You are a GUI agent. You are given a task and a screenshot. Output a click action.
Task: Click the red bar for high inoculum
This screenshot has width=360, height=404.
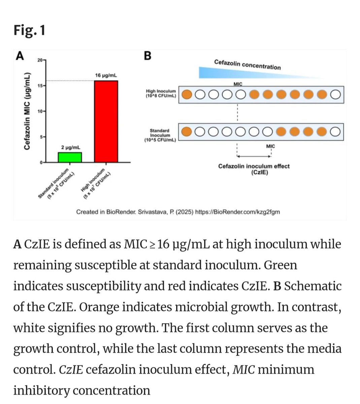click(x=106, y=121)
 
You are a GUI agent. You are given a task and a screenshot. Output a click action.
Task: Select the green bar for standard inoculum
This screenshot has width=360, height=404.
click(x=70, y=157)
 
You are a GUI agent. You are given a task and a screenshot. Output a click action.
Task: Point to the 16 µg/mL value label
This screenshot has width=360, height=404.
click(x=106, y=75)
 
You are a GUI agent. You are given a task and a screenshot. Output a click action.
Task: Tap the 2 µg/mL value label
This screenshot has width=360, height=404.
click(x=71, y=147)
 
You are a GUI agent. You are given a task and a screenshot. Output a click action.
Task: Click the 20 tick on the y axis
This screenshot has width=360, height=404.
click(x=40, y=60)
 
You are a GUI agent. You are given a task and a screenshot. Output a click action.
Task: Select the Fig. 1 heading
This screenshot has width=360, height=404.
click(x=29, y=30)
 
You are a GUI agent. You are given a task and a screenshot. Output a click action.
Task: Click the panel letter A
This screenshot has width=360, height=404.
click(x=20, y=56)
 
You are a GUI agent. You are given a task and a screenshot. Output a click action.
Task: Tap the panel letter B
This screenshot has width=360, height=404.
click(x=148, y=56)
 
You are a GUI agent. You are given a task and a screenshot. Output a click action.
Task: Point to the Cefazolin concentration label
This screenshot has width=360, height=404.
click(x=247, y=64)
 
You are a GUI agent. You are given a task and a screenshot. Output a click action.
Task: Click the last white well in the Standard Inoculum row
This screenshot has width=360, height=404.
click(x=335, y=132)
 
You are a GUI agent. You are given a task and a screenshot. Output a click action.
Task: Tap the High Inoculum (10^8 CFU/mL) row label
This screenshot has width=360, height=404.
click(x=161, y=94)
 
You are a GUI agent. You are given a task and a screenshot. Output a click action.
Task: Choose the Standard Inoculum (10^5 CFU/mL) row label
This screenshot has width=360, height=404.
click(x=160, y=135)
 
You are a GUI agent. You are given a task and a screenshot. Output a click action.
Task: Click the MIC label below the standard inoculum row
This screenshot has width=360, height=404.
click(x=270, y=146)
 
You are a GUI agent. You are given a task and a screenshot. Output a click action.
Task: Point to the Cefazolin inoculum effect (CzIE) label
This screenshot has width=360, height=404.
click(x=254, y=169)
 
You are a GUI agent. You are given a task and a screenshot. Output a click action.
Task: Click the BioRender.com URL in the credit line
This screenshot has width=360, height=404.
click(x=237, y=212)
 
